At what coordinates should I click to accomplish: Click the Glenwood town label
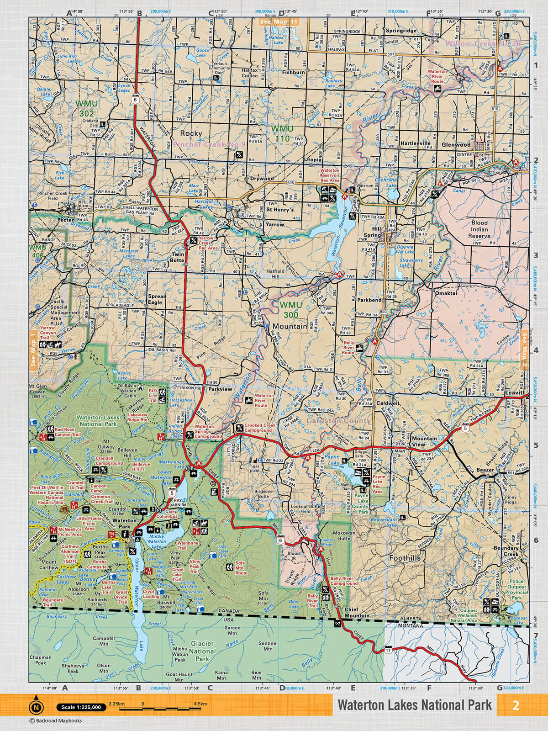tap(456, 144)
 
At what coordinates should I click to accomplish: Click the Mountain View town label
tap(424, 441)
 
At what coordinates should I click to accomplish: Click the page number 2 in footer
tap(516, 705)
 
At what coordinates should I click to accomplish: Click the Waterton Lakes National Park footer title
tap(415, 705)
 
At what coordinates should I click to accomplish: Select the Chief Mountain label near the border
tap(357, 613)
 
